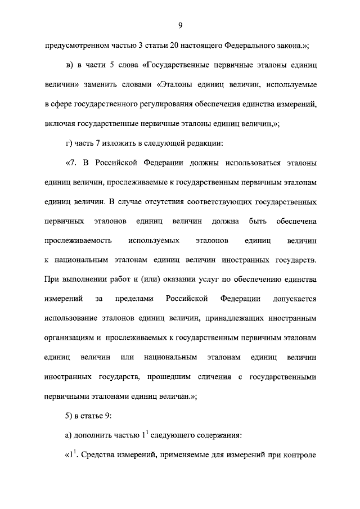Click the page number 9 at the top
[x=180, y=25]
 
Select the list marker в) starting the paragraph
[x=69, y=66]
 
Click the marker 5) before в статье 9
[x=69, y=416]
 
